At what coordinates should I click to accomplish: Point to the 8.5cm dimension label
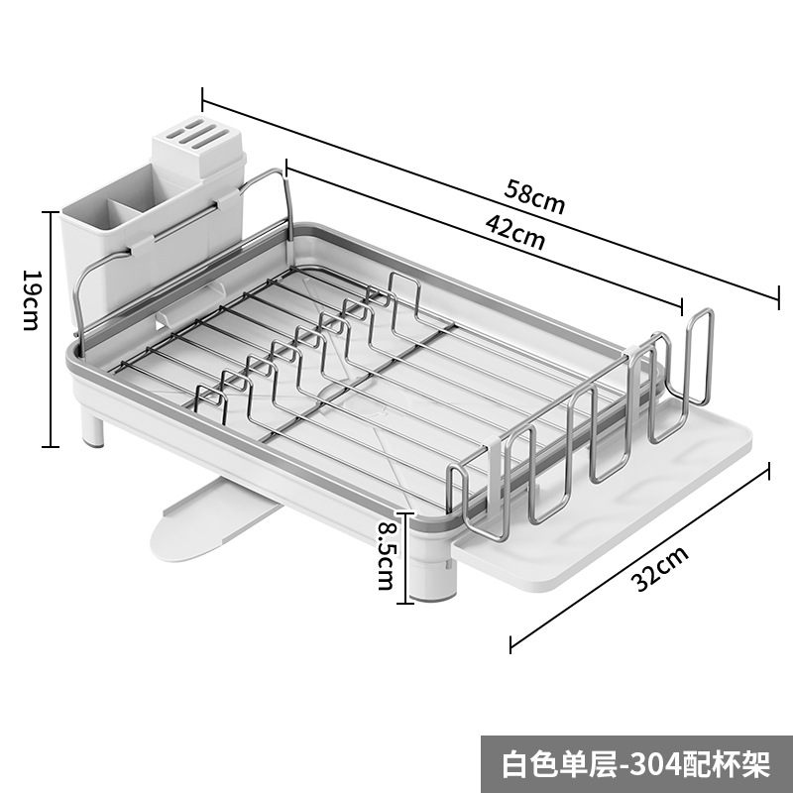tap(384, 557)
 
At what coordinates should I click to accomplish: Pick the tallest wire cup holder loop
tap(699, 357)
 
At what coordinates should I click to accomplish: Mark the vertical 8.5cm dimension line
tap(402, 557)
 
